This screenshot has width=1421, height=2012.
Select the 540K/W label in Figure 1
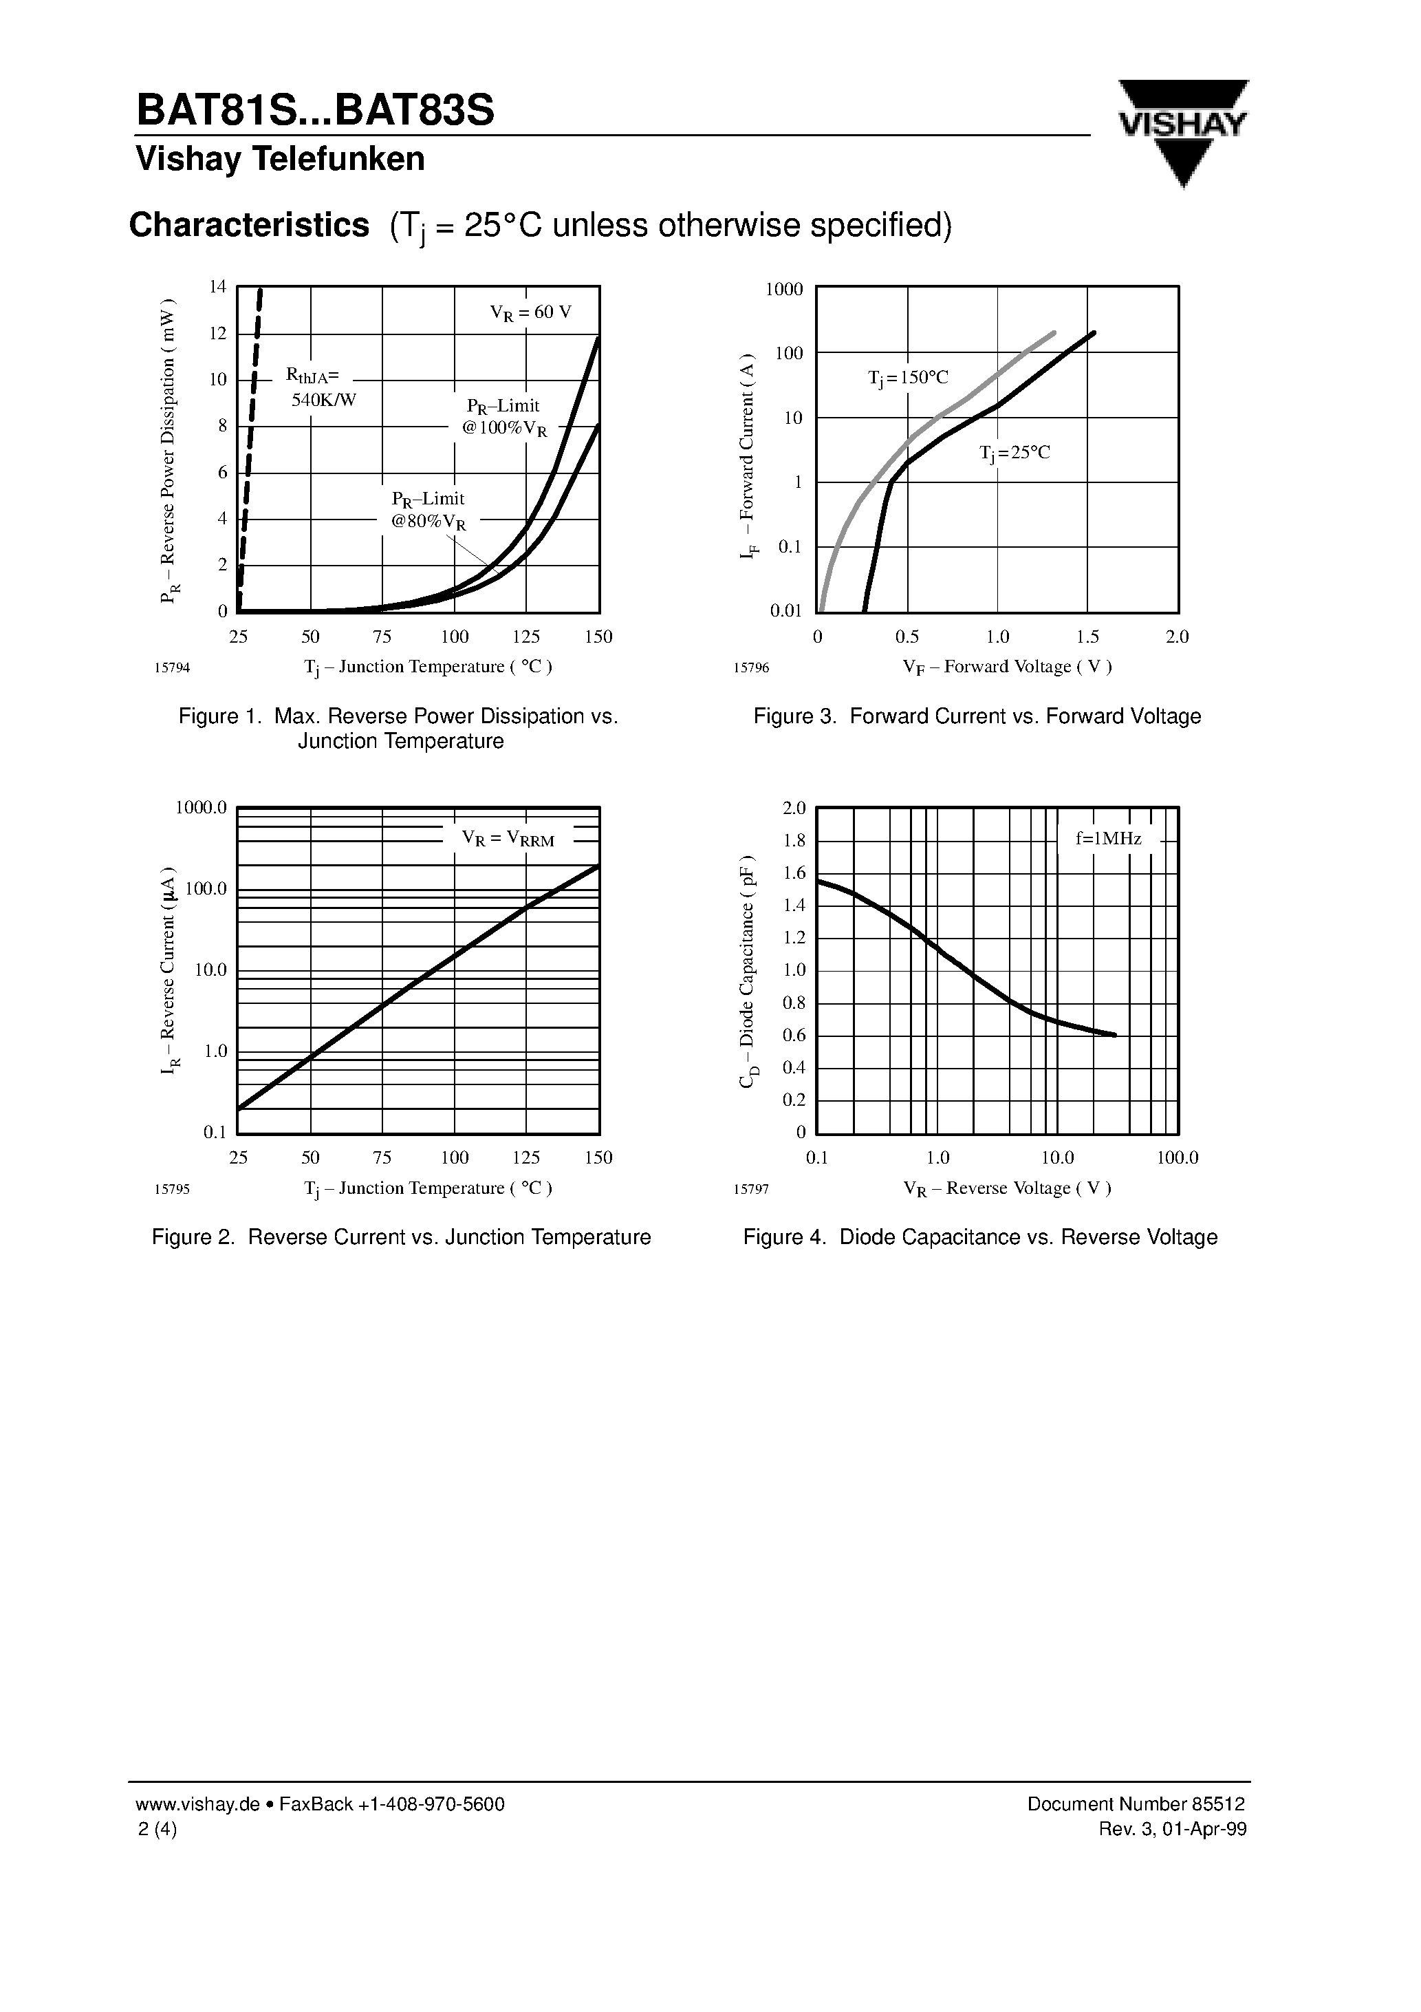323,400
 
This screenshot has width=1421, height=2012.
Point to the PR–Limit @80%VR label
429,510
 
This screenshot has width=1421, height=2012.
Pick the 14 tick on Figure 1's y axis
218,286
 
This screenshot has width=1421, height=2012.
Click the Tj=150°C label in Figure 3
908,378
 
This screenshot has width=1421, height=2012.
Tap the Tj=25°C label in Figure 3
1014,453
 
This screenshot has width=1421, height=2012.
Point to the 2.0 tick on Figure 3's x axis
1177,637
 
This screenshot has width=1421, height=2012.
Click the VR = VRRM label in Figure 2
508,839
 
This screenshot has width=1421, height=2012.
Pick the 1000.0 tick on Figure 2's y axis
202,807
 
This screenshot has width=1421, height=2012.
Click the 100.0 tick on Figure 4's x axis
1177,1157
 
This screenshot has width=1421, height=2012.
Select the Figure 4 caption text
979,1237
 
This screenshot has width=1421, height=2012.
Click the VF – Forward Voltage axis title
1007,667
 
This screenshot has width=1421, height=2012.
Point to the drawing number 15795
172,1189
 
